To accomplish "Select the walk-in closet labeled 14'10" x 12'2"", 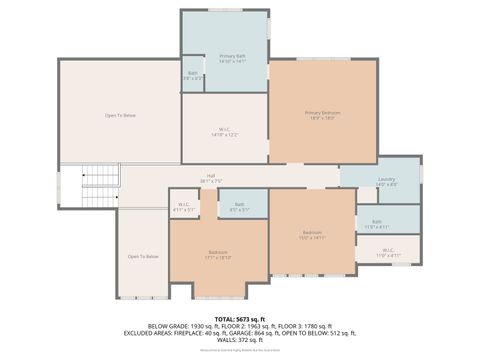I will click(225, 130).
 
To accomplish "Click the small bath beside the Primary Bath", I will click(193, 75).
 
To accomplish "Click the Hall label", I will click(211, 178).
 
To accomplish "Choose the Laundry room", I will click(386, 181).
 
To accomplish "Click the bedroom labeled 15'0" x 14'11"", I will click(312, 236).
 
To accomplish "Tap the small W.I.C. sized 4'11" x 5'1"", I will click(184, 207).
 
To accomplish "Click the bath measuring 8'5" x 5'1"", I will click(239, 207).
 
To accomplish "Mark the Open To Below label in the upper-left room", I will click(120, 116).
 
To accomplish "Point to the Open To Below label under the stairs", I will click(142, 257).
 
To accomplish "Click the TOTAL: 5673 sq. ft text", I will click(239, 317).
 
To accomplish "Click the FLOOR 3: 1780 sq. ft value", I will click(301, 326).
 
